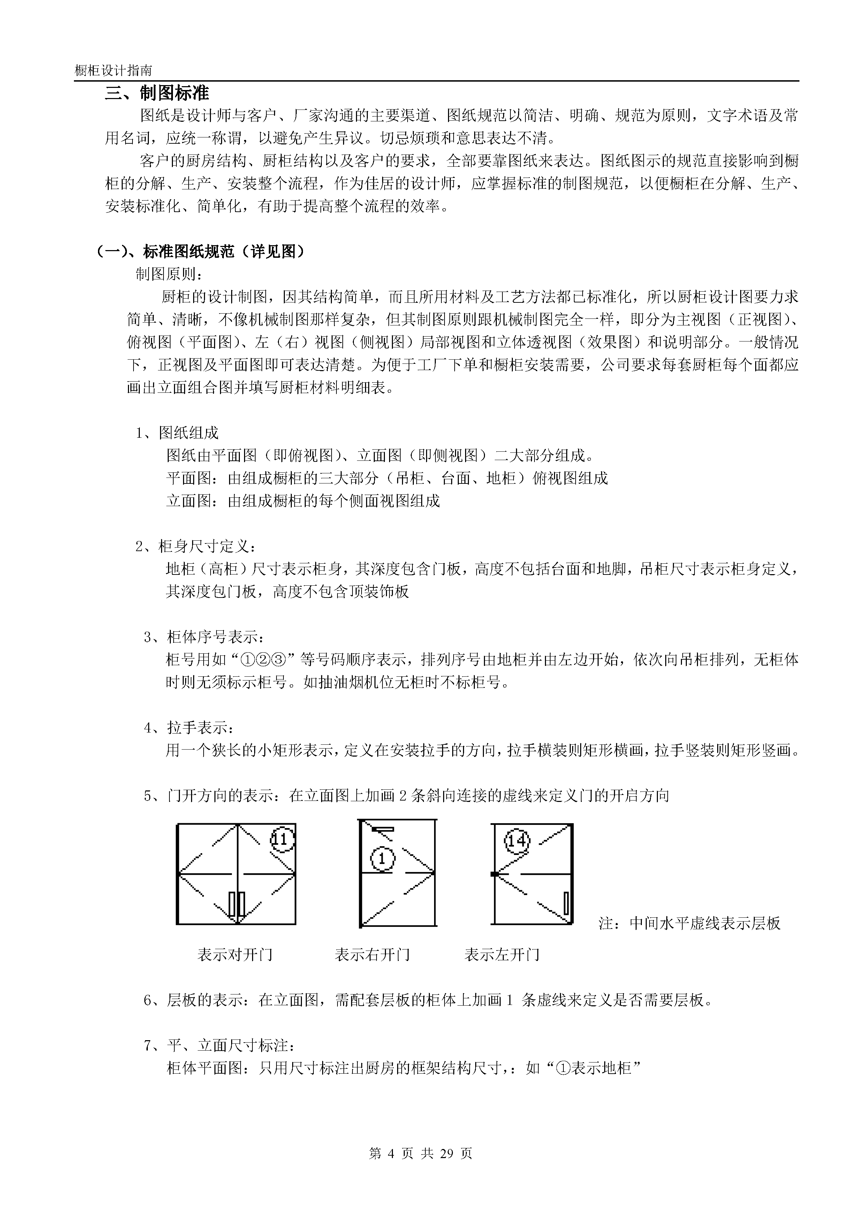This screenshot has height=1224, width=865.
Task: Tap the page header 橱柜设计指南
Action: [x=114, y=70]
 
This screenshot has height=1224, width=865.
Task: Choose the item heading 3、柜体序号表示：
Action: [x=204, y=637]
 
